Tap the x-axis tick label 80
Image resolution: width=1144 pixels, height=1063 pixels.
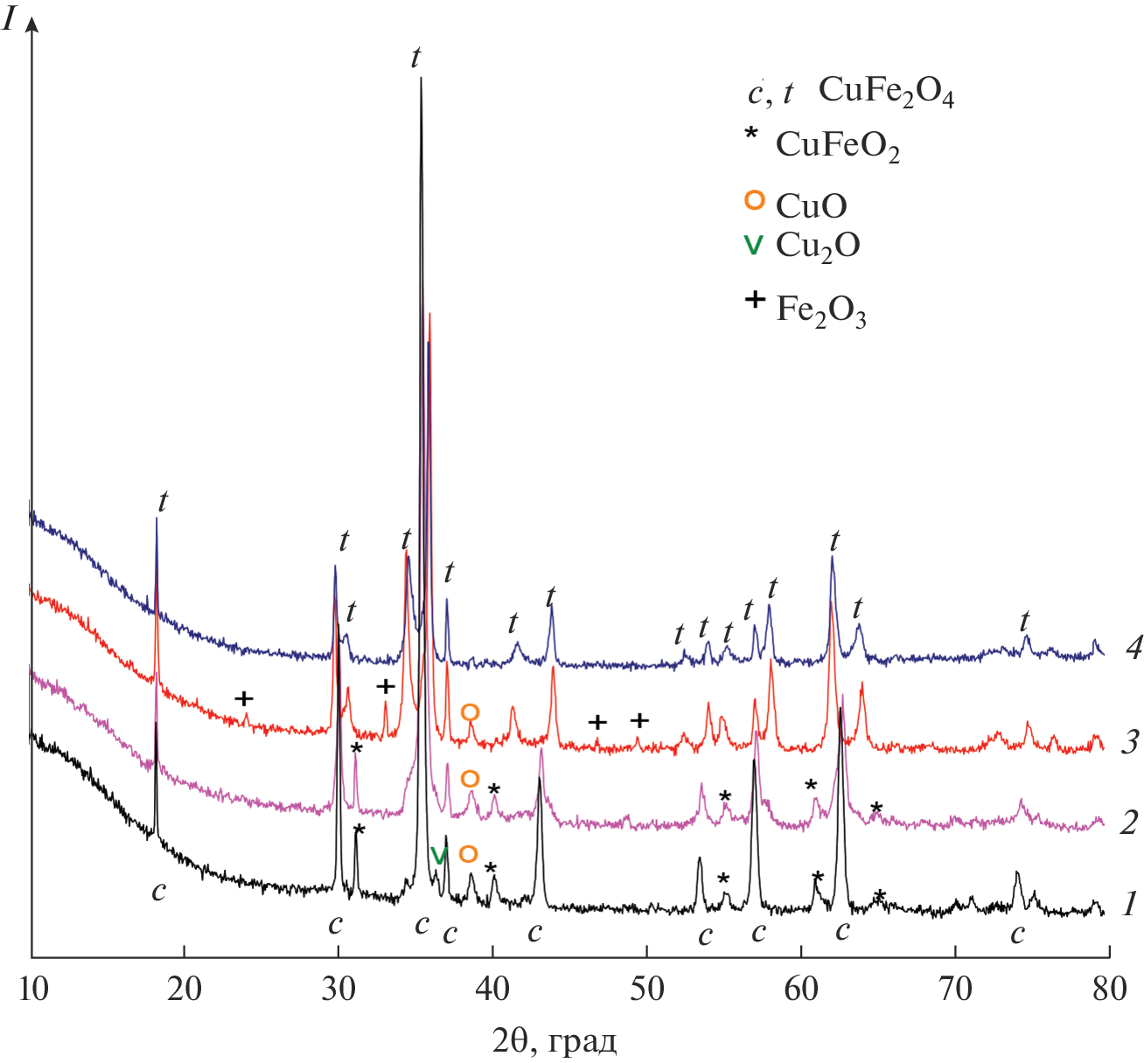[1109, 989]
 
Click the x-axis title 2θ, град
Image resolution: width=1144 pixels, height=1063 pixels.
[555, 1040]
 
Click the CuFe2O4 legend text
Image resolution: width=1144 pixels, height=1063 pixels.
[885, 93]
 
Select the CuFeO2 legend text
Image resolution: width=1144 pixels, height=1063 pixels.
[837, 146]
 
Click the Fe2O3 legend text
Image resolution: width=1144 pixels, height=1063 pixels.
[820, 311]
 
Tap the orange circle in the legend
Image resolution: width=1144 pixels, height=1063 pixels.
[754, 201]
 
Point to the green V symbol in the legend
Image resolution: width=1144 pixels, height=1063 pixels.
[752, 246]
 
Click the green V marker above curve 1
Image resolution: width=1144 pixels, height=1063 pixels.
[438, 856]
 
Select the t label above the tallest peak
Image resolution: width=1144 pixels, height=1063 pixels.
[415, 59]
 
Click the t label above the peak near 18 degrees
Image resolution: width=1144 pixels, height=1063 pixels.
[163, 503]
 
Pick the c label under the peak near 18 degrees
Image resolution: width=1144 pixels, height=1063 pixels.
[158, 891]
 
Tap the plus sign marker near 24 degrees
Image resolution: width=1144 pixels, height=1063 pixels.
[245, 698]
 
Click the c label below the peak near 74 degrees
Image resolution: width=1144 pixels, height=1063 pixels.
[1017, 934]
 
